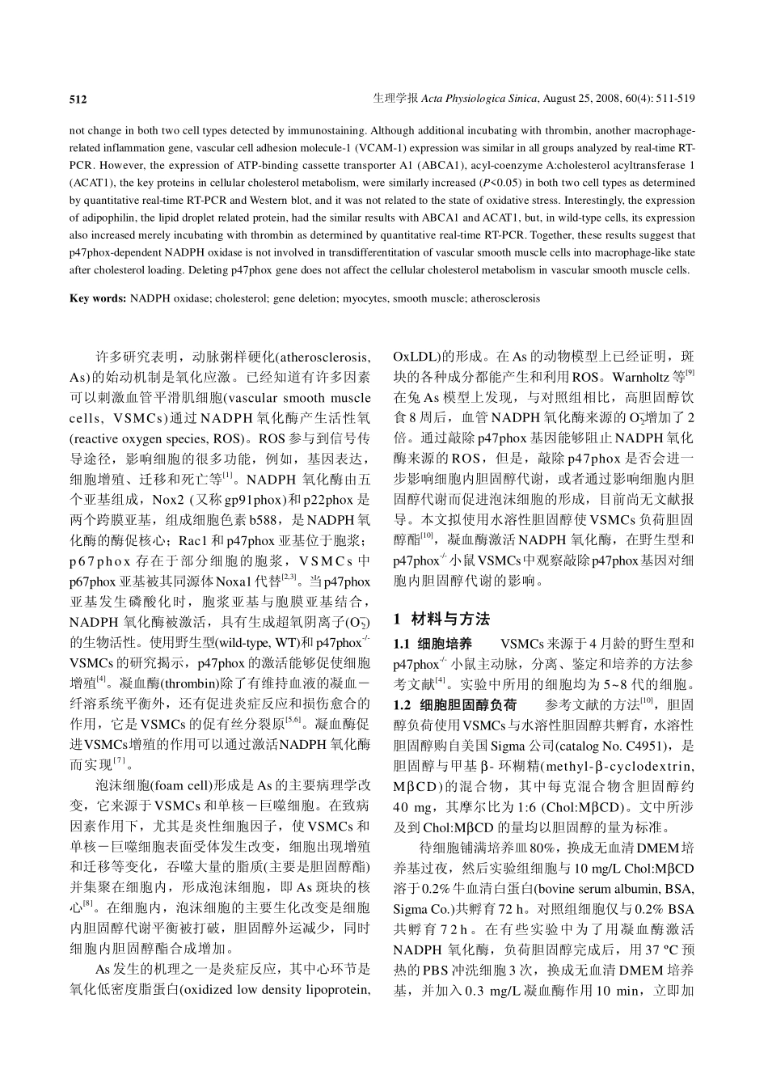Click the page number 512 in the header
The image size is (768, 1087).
pos(78,99)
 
